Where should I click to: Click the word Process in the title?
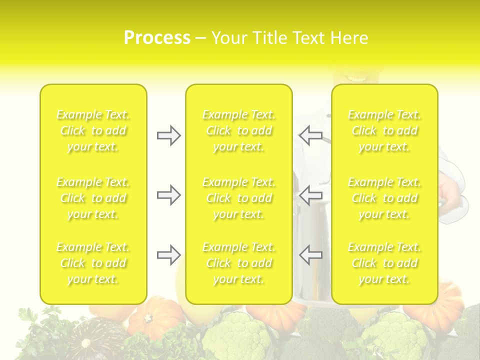pos(157,38)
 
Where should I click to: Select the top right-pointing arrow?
pos(168,135)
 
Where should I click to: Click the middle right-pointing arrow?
pos(168,195)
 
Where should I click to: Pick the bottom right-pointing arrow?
pos(168,255)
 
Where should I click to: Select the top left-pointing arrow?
pos(310,135)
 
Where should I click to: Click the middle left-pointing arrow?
pos(310,195)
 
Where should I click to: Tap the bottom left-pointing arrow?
pos(310,255)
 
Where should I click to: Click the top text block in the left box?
pos(93,130)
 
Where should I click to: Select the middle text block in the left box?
pos(93,198)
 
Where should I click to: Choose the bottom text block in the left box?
pos(93,263)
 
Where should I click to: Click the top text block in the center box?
pos(238,130)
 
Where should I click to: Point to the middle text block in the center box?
pos(238,198)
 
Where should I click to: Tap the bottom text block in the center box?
pos(238,263)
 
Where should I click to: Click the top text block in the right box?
pos(384,130)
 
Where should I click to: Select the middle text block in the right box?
pos(384,198)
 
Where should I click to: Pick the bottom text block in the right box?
pos(384,263)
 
